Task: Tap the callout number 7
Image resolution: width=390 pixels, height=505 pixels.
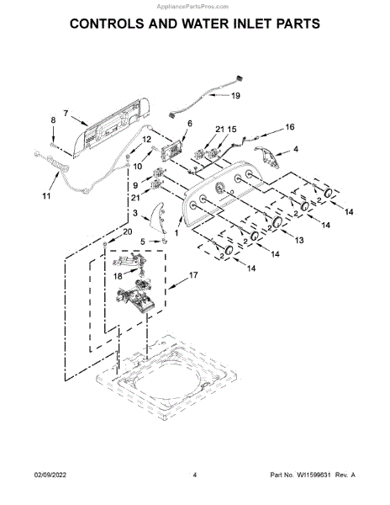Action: (x=65, y=112)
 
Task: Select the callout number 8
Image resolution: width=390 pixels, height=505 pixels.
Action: (x=53, y=121)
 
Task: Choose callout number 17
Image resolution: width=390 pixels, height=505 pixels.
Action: (x=192, y=274)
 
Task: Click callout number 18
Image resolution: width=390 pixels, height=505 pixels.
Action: (x=118, y=275)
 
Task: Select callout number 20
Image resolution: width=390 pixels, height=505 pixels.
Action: (x=128, y=231)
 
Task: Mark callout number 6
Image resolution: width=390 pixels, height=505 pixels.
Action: (x=189, y=124)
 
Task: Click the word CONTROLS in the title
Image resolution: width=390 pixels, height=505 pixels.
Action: (x=115, y=24)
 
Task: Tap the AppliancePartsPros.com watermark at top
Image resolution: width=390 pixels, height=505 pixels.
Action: (x=194, y=4)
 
